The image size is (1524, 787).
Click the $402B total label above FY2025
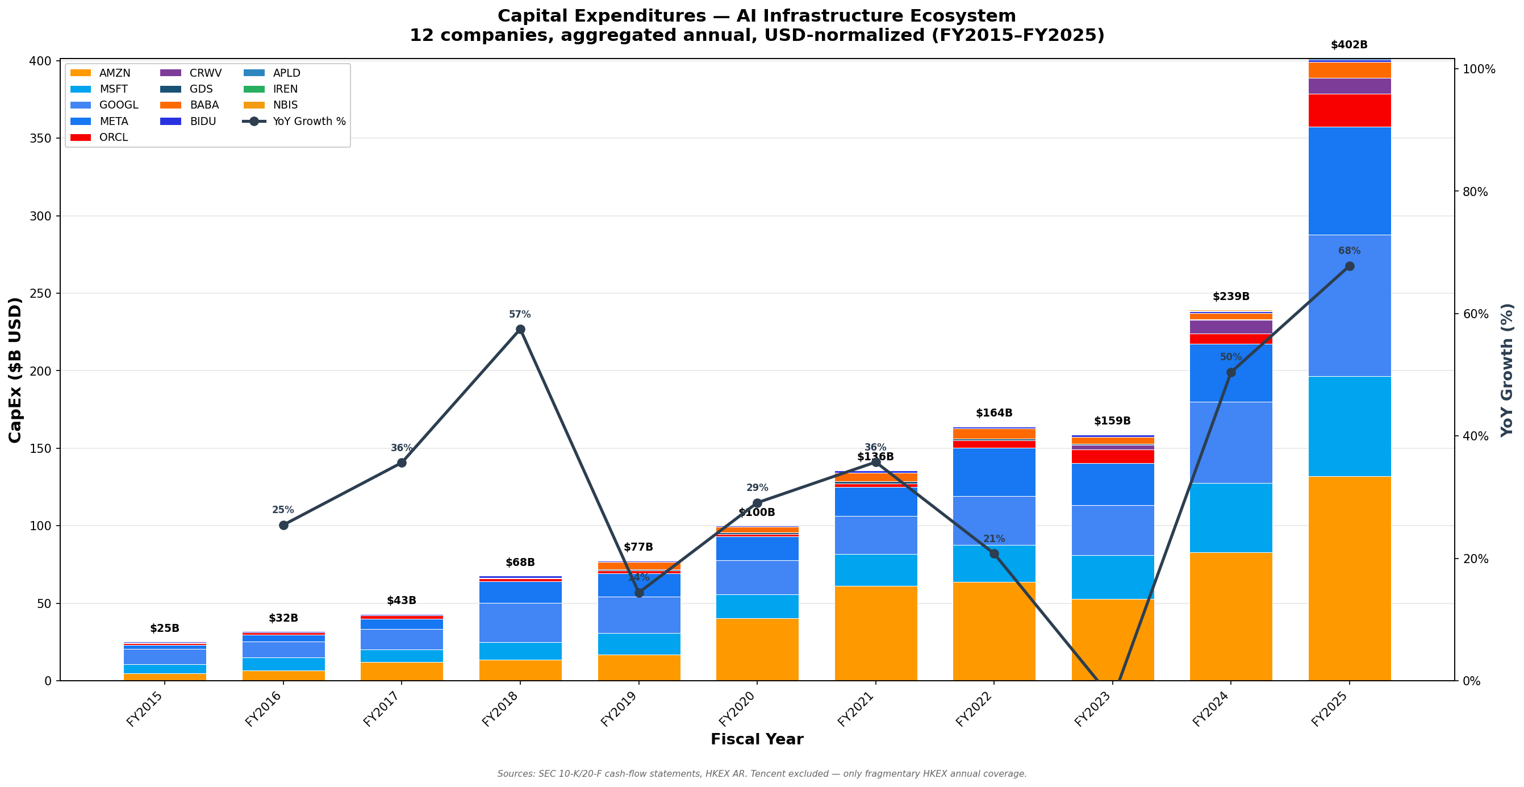click(1349, 45)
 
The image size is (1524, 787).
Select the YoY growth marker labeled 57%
click(520, 330)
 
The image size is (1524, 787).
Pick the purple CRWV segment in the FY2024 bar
click(1230, 327)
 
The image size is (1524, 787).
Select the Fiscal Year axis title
click(757, 740)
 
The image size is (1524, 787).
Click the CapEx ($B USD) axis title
click(15, 370)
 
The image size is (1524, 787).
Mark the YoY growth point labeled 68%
click(1350, 267)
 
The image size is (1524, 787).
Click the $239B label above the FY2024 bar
click(1230, 297)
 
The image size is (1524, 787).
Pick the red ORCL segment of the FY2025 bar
click(1349, 111)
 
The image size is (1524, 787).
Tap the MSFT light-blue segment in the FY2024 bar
click(1230, 518)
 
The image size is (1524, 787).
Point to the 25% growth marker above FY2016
click(283, 526)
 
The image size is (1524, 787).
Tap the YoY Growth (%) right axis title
click(1507, 370)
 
